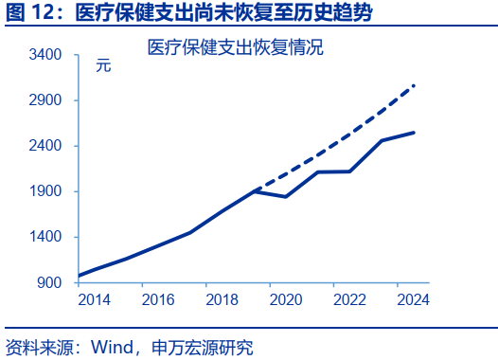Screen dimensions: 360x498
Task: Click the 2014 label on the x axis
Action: (93, 299)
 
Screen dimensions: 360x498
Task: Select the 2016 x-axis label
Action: (157, 299)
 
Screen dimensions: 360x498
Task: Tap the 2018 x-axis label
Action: (222, 299)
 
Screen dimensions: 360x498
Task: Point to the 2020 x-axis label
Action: (286, 299)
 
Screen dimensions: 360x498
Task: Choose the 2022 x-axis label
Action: (350, 299)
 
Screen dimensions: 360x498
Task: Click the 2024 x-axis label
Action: (415, 299)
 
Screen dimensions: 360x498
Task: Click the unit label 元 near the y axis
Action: (102, 66)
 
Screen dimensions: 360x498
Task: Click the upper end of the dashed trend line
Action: (415, 85)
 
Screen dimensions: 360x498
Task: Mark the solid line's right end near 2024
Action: (414, 133)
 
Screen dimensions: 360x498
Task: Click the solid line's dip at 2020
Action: (286, 197)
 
